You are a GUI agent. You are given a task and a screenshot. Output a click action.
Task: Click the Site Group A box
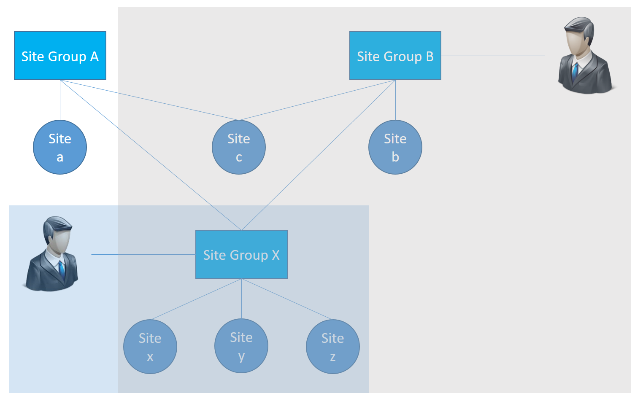coord(60,56)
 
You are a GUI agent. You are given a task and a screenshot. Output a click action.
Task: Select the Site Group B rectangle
coord(395,56)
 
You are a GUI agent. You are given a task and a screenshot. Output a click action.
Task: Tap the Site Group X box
coord(241,254)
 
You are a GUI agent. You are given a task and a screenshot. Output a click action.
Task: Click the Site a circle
coord(60,147)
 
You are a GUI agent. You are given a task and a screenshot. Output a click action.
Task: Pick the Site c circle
coord(239,147)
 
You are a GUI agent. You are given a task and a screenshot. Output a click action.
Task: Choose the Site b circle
coord(395,147)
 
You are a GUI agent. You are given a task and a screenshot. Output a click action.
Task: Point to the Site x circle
coord(150,347)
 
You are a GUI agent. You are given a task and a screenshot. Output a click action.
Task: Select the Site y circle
coord(241,346)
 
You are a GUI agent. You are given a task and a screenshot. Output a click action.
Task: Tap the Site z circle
coord(333,347)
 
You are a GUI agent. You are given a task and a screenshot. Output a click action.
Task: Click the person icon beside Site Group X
coord(51,254)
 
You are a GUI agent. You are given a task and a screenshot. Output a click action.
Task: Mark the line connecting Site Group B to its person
coord(493,56)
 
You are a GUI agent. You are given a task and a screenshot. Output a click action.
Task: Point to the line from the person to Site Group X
coord(143,255)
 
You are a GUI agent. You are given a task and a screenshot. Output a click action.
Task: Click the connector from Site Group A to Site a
coord(60,100)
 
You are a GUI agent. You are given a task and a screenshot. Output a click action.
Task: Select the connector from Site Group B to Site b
coord(396,100)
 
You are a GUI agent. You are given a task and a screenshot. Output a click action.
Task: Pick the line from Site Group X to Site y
coord(241,299)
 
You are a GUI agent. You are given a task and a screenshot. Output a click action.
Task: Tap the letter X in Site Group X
coord(276,255)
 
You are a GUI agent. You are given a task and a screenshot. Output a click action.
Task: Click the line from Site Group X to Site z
coord(287,299)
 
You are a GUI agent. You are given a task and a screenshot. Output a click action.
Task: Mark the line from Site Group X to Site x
coord(196,299)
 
